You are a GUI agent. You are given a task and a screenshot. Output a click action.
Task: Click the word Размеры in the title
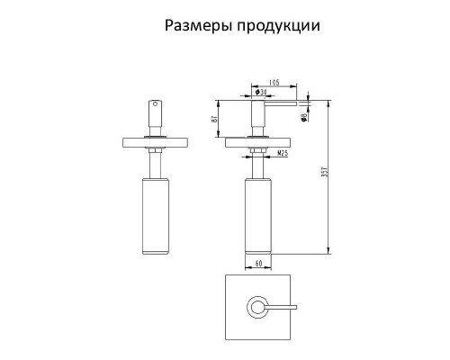[x=196, y=24]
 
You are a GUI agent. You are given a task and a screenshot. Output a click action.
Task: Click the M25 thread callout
[x=283, y=154]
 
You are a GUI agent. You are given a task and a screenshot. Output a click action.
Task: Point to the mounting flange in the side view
[x=257, y=140]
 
